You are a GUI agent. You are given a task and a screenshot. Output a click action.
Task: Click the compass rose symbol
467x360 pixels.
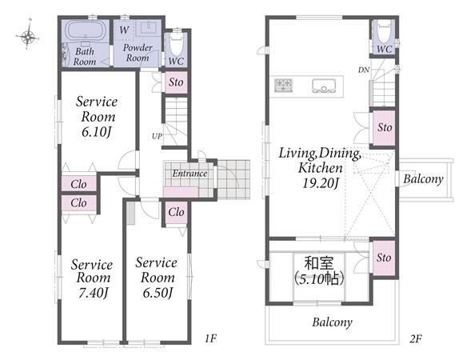[x=28, y=37]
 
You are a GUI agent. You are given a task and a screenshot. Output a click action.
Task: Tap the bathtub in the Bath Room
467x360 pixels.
[x=86, y=30]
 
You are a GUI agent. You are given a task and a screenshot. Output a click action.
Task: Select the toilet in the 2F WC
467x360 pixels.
[x=384, y=31]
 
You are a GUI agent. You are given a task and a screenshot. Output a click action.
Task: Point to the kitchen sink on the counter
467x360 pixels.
[x=324, y=86]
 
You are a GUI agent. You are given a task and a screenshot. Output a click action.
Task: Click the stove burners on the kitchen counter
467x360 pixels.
[x=283, y=86]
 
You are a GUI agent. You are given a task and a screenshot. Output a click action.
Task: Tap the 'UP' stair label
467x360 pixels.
[x=157, y=136]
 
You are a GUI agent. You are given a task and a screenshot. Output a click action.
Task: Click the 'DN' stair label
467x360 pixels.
[x=363, y=70]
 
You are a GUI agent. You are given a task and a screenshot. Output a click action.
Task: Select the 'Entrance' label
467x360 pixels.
[x=190, y=173]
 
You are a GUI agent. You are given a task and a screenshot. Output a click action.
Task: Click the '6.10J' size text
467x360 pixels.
[x=97, y=131]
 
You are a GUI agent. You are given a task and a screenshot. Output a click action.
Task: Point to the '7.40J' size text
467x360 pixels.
[x=94, y=293]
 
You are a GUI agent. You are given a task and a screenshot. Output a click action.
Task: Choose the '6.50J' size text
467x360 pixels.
[x=158, y=293]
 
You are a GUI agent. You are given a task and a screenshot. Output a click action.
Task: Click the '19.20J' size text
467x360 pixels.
[x=321, y=182]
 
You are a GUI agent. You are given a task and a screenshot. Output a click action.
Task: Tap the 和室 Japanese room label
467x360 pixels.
[x=319, y=263]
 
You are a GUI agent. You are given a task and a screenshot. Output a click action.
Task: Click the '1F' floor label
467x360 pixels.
[x=210, y=338]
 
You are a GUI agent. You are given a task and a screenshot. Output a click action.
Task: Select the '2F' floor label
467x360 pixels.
[x=416, y=339]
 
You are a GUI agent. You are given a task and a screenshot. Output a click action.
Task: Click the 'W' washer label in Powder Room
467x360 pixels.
[x=124, y=30]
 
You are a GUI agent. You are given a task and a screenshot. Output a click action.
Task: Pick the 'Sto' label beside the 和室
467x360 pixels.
[x=384, y=258]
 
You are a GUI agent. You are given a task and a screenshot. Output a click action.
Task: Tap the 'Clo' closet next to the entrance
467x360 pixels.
[x=176, y=212]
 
